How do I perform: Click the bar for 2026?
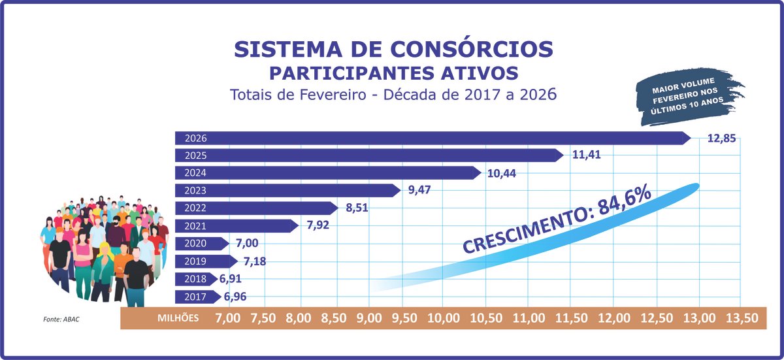[x=431, y=138]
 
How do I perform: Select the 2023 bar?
[x=287, y=191]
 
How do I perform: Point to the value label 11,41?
[x=586, y=155]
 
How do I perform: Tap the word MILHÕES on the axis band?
[x=178, y=318]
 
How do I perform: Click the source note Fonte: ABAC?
[x=61, y=319]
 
